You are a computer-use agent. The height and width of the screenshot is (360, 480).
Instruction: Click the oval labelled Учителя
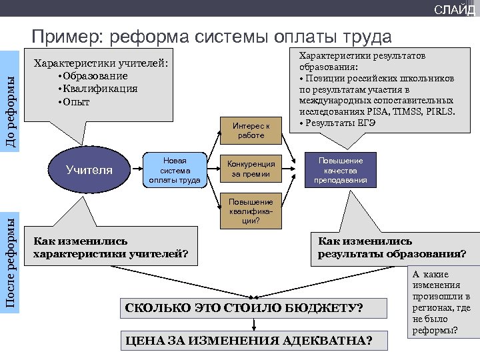89,170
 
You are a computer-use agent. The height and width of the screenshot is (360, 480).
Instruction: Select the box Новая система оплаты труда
175,170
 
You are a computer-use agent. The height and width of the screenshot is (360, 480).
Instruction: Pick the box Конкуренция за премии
251,169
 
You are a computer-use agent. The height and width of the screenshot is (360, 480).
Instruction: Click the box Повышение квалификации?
251,211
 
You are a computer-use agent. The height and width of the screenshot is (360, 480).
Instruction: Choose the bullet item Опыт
77,102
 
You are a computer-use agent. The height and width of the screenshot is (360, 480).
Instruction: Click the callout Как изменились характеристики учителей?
111,247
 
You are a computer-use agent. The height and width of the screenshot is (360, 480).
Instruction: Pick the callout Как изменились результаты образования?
392,247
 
